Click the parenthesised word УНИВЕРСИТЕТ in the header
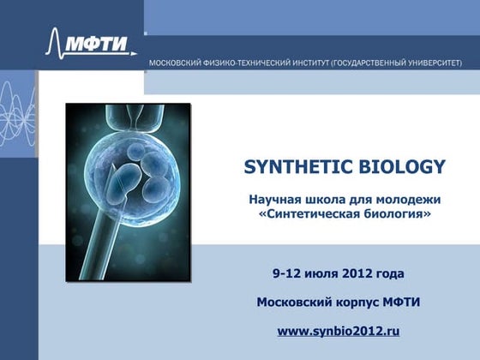click(424, 63)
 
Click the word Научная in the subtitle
click(273, 199)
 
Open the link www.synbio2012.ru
click(339, 330)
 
